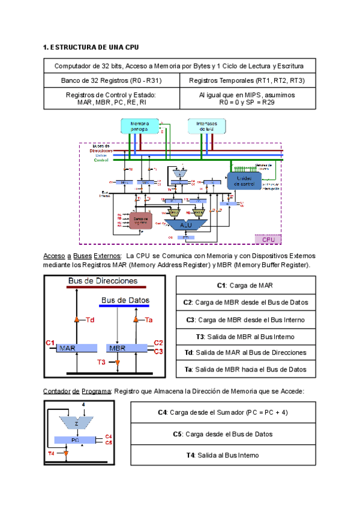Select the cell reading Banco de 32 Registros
tap(112, 80)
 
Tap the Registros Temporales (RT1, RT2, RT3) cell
tap(247, 80)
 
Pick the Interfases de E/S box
tap(207, 125)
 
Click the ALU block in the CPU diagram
tap(186, 224)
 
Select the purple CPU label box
tap(268, 239)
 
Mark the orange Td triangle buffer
tap(76, 320)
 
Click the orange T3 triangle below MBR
tap(118, 363)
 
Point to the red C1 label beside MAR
tap(50, 342)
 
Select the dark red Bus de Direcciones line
tap(102, 287)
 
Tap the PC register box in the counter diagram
tap(75, 440)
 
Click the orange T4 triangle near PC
tap(59, 453)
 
